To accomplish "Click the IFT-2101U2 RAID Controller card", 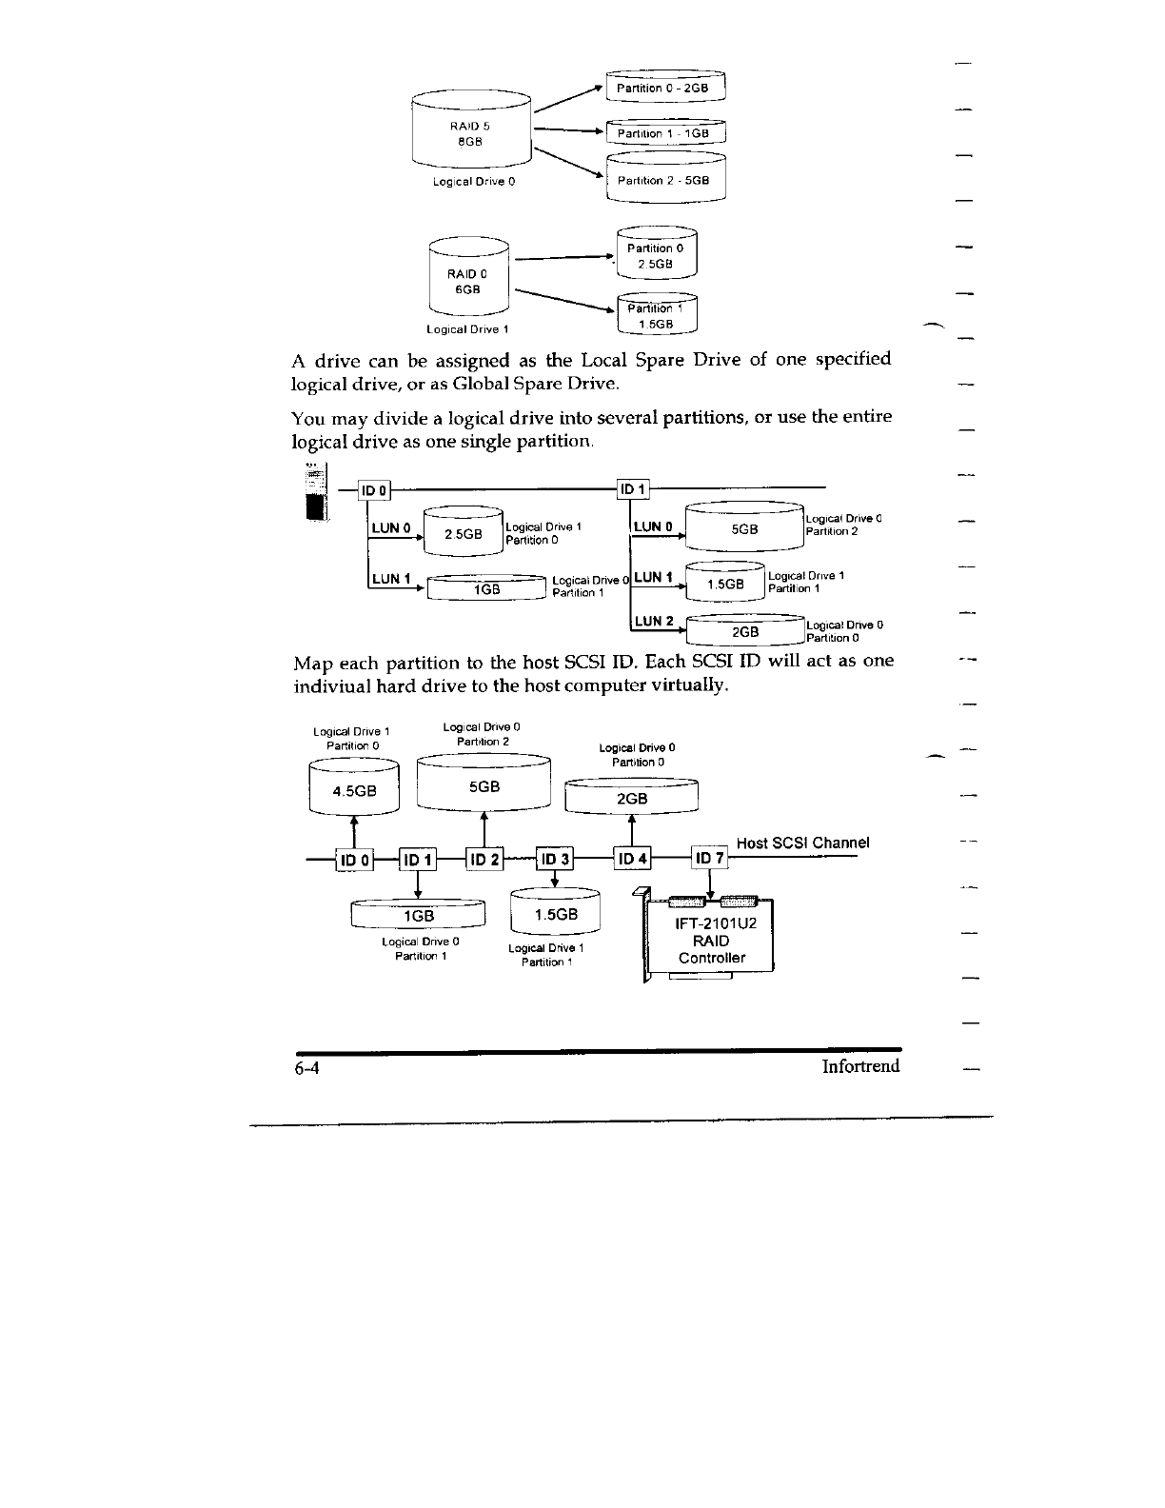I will tap(709, 939).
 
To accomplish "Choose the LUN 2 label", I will tap(654, 622).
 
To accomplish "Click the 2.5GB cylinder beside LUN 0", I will tap(461, 534).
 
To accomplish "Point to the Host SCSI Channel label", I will tap(803, 843).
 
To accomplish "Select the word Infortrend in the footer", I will tap(860, 1065).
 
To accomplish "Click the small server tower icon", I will tap(315, 491).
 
